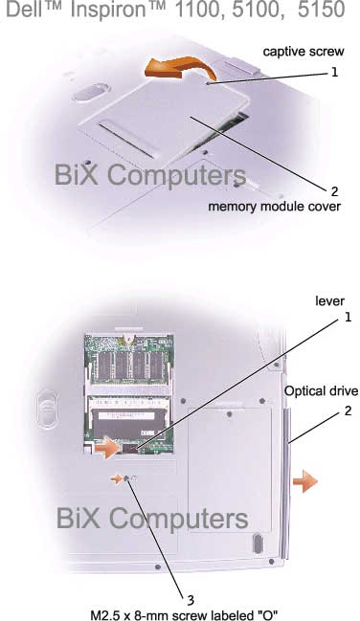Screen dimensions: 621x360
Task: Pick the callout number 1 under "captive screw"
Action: pyautogui.click(x=335, y=72)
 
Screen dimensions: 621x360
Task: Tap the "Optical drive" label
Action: pyautogui.click(x=322, y=390)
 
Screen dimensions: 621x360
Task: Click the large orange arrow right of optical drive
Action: pyautogui.click(x=304, y=480)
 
